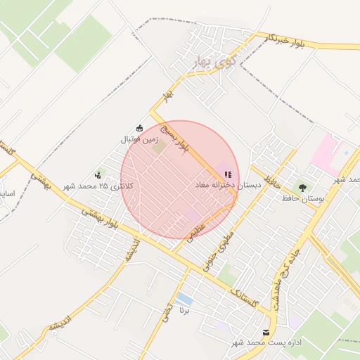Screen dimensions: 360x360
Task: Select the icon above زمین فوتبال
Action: point(139,128)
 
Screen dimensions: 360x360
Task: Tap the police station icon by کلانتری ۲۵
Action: point(98,174)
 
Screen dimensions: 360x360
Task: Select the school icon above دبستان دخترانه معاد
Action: point(227,174)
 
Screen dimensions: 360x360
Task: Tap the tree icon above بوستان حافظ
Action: point(302,188)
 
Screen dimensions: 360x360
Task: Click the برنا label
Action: point(185,310)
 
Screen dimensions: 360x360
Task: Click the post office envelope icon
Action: point(265,332)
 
